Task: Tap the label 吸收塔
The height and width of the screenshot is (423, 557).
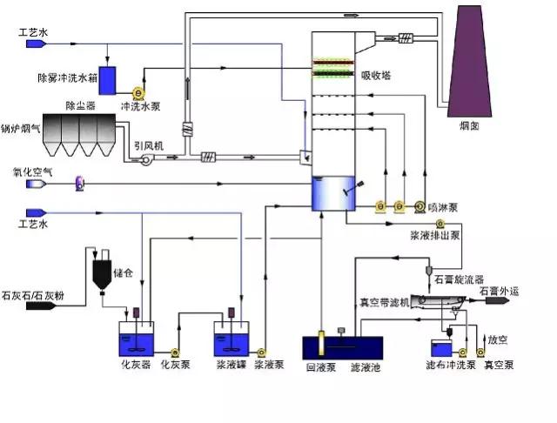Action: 377,76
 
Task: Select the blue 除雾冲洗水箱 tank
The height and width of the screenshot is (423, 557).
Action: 108,80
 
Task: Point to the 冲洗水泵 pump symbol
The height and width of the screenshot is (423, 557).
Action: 138,92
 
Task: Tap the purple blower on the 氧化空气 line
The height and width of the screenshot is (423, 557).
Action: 79,184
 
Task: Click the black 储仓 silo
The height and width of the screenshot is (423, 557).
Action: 102,272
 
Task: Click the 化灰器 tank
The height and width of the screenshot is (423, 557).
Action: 137,336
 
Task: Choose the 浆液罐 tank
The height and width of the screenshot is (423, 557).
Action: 232,336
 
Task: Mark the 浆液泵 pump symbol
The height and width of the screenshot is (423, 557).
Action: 260,352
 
